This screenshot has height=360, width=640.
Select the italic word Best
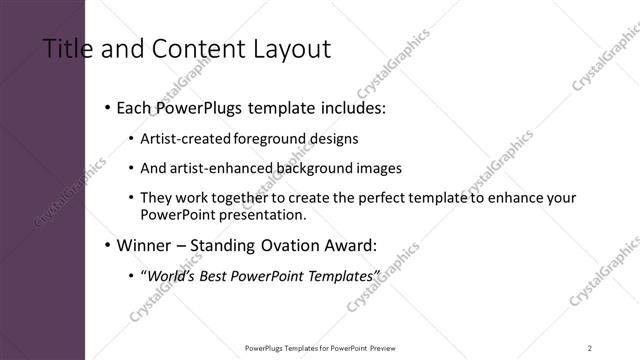tap(225, 275)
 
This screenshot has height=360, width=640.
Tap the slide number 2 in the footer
tap(590, 347)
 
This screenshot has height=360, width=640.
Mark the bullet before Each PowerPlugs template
tap(107, 107)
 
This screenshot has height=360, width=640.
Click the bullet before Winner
tap(107, 244)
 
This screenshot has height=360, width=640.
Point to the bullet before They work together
tap(132, 199)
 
